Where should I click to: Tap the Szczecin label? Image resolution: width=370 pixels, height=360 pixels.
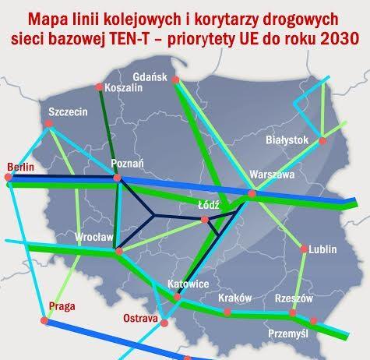coord(67,111)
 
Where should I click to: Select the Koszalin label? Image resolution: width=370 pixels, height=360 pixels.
coord(124,87)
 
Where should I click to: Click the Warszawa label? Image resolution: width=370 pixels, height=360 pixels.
coord(270,175)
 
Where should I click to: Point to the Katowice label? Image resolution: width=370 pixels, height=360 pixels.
coord(188,284)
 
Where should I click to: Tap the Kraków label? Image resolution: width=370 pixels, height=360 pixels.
coord(233,298)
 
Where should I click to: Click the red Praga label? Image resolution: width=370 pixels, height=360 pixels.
coord(60,304)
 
